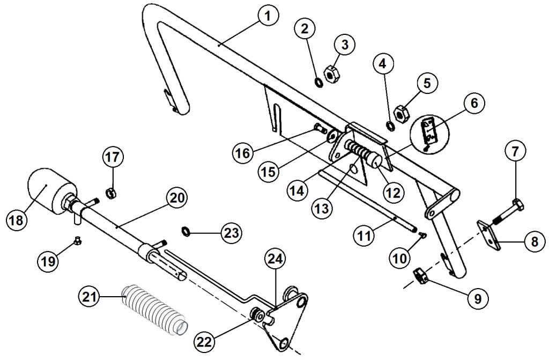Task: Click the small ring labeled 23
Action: [x=186, y=231]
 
